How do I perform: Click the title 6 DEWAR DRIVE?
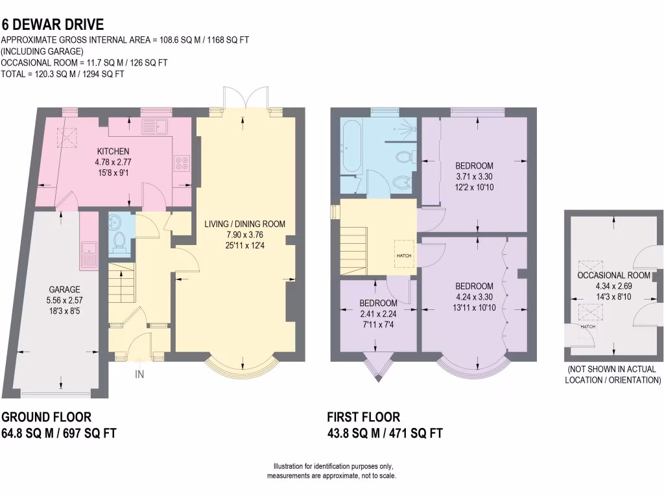click(x=53, y=25)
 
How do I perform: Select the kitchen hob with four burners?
click(x=181, y=164)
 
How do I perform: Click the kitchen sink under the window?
click(x=156, y=126)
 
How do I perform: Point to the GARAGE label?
click(x=64, y=289)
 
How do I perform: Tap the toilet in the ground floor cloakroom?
click(x=119, y=241)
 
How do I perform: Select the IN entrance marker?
click(x=139, y=374)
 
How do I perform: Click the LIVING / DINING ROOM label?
click(x=244, y=224)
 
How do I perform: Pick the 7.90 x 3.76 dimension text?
click(x=244, y=234)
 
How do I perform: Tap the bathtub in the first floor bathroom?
click(x=348, y=146)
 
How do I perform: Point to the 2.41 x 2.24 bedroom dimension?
click(x=378, y=314)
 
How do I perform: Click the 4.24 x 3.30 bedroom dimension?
click(x=473, y=296)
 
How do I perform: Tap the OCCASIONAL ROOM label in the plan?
click(x=613, y=275)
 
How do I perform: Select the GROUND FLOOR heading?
click(x=46, y=417)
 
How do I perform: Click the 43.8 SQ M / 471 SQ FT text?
click(x=385, y=433)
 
